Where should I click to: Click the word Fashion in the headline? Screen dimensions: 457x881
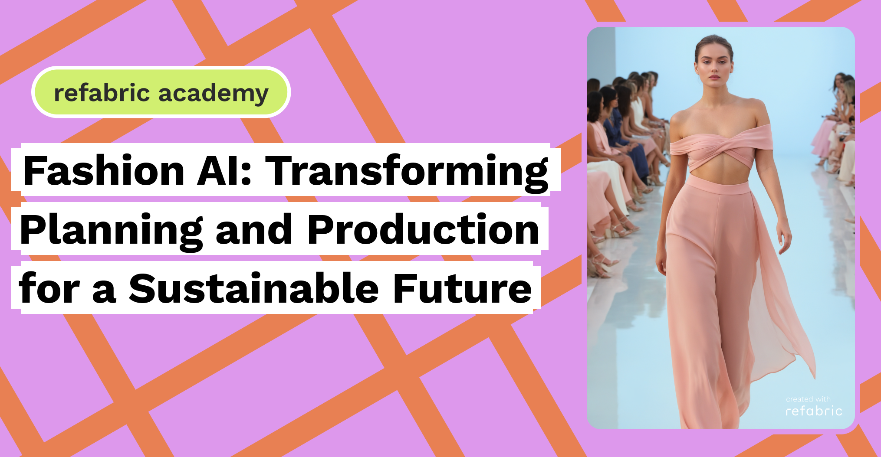104,171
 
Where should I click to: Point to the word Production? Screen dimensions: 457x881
423,230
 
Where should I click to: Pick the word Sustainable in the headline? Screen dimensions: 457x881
254,289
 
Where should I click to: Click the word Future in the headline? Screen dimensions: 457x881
462,289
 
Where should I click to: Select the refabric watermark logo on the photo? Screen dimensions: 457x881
814,411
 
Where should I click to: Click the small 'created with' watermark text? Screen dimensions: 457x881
808,399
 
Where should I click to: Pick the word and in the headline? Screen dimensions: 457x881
254,230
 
